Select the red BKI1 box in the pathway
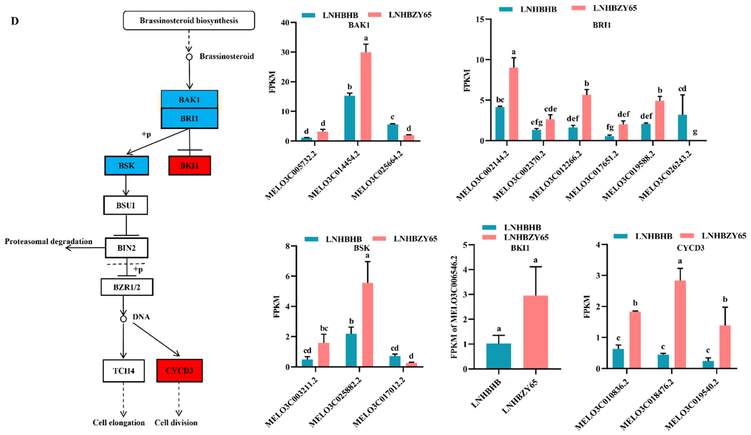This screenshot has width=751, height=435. pyautogui.click(x=190, y=165)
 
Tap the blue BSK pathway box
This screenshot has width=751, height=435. pyautogui.click(x=126, y=165)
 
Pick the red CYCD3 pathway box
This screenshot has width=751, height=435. pyautogui.click(x=179, y=371)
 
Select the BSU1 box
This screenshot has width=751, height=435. pyautogui.click(x=125, y=205)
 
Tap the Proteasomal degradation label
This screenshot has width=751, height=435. pyautogui.click(x=48, y=241)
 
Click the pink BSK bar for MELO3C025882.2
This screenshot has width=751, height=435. pyautogui.click(x=367, y=325)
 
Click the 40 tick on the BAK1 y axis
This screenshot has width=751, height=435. pyautogui.click(x=285, y=23)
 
